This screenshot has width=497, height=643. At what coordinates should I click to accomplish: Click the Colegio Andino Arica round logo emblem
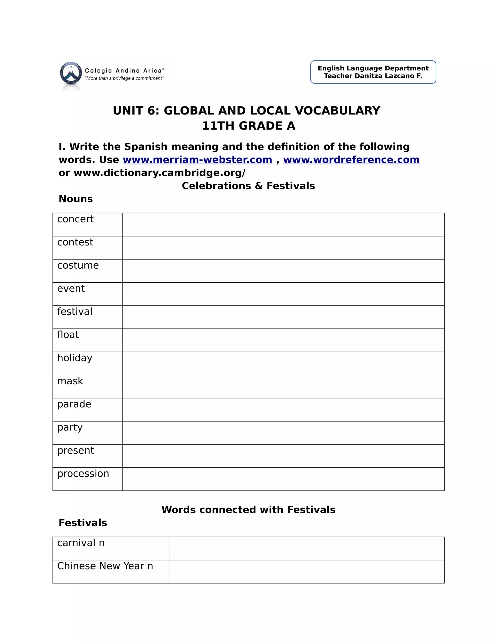coord(71,74)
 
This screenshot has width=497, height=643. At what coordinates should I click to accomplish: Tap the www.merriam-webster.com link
coord(197,160)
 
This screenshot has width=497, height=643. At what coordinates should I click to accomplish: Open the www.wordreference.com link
coord(351,160)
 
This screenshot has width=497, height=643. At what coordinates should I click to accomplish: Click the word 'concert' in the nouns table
coord(75,219)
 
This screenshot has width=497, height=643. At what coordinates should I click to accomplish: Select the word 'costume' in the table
coord(78,265)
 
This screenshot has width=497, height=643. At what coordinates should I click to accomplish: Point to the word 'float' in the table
coord(68,335)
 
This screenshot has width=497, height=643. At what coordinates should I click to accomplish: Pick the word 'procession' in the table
coord(83,473)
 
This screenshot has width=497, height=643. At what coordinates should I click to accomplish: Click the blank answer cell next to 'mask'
coord(283,387)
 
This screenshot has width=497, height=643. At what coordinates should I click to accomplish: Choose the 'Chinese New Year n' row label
coord(105,566)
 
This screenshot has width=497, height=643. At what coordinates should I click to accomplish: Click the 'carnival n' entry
coord(81,543)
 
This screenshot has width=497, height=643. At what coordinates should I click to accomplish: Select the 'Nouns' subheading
coord(76,199)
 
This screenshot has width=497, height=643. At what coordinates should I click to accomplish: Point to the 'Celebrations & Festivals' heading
coord(248,186)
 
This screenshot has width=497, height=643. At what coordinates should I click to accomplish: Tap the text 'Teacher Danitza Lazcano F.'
coord(373,76)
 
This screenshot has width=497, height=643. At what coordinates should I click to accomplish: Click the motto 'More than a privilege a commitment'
coord(124,78)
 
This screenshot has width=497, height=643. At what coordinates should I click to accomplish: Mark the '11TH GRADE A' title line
coord(248,126)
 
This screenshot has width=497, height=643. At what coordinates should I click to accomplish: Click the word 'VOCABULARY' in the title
coord(337,111)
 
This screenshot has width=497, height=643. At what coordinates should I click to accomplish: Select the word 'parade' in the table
coord(74,404)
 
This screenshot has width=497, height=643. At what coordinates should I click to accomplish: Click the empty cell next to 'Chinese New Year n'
coord(307,571)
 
